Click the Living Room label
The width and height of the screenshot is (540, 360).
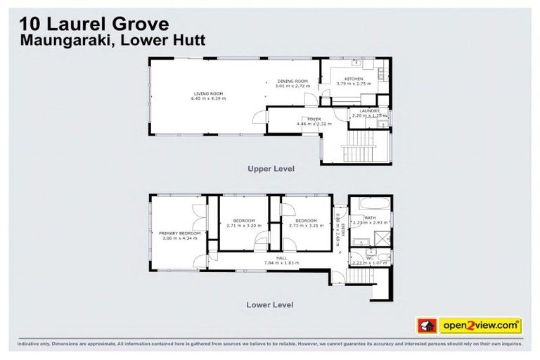pyautogui.click(x=207, y=94)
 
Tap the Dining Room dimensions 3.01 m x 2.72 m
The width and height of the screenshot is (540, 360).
pyautogui.click(x=292, y=86)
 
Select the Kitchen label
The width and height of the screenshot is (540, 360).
pyautogui.click(x=353, y=79)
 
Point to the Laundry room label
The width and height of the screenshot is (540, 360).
pyautogui.click(x=368, y=110)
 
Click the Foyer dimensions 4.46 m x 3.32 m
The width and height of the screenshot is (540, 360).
pyautogui.click(x=309, y=124)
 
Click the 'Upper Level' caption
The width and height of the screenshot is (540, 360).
pyautogui.click(x=270, y=169)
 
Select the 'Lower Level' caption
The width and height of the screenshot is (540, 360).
pyautogui.click(x=270, y=304)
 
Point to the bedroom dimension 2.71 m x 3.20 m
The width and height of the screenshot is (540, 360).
pyautogui.click(x=243, y=226)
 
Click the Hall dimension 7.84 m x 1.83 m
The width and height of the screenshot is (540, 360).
pyautogui.click(x=282, y=263)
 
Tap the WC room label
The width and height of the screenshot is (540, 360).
pyautogui.click(x=369, y=258)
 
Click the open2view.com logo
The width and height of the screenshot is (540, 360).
pyautogui.click(x=480, y=326)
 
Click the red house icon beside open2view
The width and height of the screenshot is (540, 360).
pyautogui.click(x=427, y=326)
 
